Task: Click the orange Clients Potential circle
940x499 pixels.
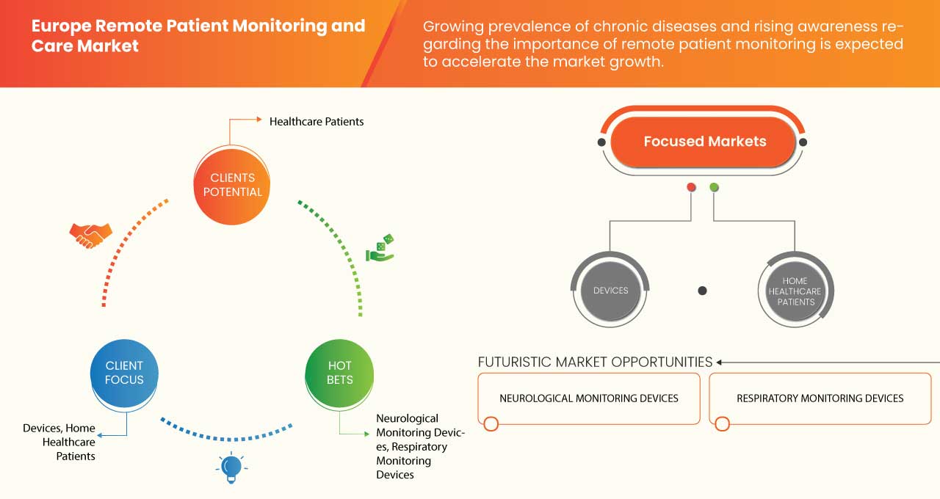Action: click(232, 185)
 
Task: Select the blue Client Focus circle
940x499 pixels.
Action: click(124, 373)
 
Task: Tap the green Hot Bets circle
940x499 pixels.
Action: click(339, 373)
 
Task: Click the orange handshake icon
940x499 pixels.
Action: click(90, 235)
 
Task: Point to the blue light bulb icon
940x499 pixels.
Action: click(231, 467)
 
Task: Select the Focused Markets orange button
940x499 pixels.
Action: click(704, 142)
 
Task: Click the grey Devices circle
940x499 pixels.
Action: click(610, 291)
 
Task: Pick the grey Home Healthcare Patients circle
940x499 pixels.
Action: click(795, 291)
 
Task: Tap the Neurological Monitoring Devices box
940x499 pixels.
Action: click(588, 398)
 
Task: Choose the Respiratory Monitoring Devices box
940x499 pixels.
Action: click(820, 398)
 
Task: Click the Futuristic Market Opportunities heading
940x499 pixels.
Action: click(595, 362)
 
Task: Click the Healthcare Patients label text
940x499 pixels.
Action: click(317, 121)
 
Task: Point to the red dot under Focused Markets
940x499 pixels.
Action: click(691, 188)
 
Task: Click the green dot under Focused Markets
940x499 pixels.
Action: click(714, 188)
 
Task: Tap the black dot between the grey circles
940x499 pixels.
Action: click(702, 291)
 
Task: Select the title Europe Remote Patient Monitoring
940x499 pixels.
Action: click(198, 26)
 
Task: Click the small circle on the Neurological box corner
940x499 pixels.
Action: click(491, 423)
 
